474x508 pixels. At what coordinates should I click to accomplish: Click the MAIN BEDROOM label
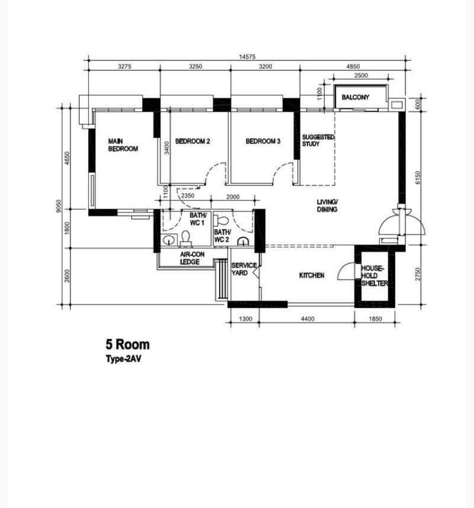pyautogui.click(x=123, y=145)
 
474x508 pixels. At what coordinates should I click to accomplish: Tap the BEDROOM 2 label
pyautogui.click(x=193, y=142)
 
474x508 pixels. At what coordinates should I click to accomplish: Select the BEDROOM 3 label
pyautogui.click(x=262, y=142)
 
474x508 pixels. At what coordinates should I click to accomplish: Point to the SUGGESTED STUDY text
pyautogui.click(x=318, y=140)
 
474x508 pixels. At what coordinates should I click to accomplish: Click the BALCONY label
pyautogui.click(x=355, y=97)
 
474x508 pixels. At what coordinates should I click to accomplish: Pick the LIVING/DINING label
pyautogui.click(x=326, y=205)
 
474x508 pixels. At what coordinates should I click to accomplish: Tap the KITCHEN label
pyautogui.click(x=311, y=275)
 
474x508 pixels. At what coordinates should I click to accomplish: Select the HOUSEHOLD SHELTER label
pyautogui.click(x=374, y=276)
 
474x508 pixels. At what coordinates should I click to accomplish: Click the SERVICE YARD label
pyautogui.click(x=244, y=269)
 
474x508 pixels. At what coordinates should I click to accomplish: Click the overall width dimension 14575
pyautogui.click(x=247, y=57)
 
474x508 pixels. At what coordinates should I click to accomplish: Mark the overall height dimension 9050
pyautogui.click(x=59, y=205)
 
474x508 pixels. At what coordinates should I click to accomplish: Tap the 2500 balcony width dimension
pyautogui.click(x=361, y=75)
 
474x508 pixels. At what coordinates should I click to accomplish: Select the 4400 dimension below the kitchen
pyautogui.click(x=307, y=319)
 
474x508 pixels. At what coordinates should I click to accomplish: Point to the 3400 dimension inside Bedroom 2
pyautogui.click(x=168, y=147)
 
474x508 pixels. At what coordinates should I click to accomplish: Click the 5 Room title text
pyautogui.click(x=127, y=345)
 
